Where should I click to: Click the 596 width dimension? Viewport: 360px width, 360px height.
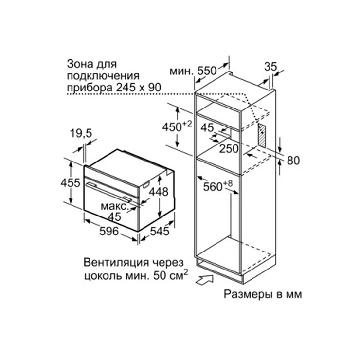[109, 231]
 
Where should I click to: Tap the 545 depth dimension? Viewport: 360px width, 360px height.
[160, 231]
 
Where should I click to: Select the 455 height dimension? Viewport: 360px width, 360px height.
[71, 183]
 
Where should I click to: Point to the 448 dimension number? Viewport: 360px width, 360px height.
[159, 191]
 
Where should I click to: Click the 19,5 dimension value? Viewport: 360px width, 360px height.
[81, 133]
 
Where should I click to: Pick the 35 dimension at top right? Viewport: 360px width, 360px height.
[270, 67]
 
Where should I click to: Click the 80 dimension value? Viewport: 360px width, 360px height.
[293, 161]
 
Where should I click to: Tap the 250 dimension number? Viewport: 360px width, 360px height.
[229, 148]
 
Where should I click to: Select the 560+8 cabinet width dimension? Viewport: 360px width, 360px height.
[218, 186]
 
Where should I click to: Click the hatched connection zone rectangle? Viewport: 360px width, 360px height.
[262, 135]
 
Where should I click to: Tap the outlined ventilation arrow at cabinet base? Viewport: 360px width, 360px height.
[204, 280]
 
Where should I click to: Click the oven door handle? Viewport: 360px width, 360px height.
[108, 192]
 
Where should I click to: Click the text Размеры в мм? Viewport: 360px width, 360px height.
[263, 294]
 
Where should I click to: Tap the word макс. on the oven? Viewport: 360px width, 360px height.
[114, 206]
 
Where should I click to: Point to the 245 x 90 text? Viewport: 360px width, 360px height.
[139, 88]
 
